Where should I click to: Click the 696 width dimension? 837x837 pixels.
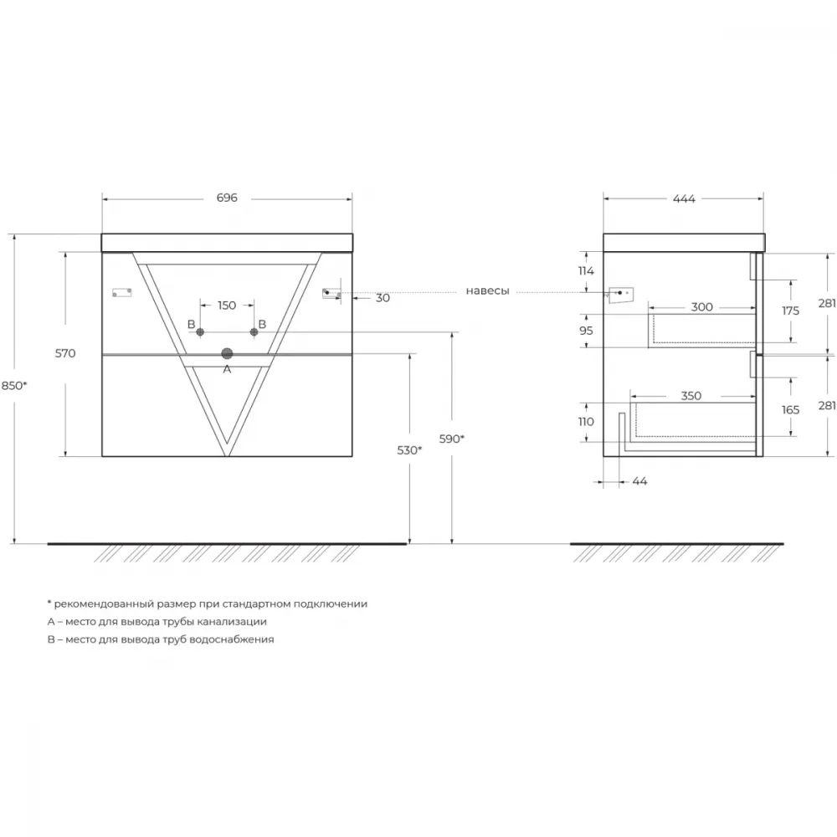tap(227, 198)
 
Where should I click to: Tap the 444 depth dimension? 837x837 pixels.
tap(684, 199)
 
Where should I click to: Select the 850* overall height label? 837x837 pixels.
tap(14, 385)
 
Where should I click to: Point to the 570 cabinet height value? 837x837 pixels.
tap(65, 353)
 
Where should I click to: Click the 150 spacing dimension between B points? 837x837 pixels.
tap(227, 306)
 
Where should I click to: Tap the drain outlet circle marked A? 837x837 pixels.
tap(227, 353)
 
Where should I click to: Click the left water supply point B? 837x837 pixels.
tap(200, 332)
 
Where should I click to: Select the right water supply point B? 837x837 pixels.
tap(254, 332)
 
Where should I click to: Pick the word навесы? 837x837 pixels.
tap(487, 291)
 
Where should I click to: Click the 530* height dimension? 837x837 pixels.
tap(409, 450)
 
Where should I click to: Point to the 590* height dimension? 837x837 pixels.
tap(452, 439)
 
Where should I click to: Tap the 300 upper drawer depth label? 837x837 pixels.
tap(702, 307)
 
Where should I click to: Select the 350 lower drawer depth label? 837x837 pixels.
tap(691, 396)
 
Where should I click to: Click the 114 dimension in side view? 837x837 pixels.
tap(586, 271)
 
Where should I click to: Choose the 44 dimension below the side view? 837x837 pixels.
tap(639, 481)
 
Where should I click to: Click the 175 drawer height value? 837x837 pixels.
tap(791, 311)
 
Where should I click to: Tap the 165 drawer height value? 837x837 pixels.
tap(791, 410)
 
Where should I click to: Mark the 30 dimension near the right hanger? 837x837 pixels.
tap(383, 299)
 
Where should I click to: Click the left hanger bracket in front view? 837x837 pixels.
tap(121, 292)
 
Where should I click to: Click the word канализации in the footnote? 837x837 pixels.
tap(232, 622)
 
